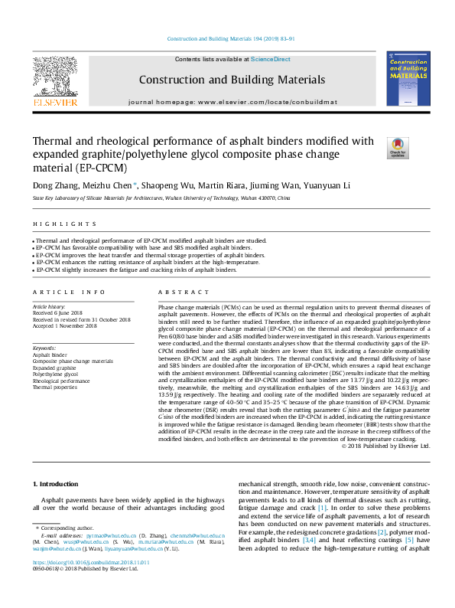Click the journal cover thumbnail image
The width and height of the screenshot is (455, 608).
(408, 79)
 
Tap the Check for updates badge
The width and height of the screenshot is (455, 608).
(398, 147)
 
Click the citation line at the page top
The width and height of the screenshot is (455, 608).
(227, 39)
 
